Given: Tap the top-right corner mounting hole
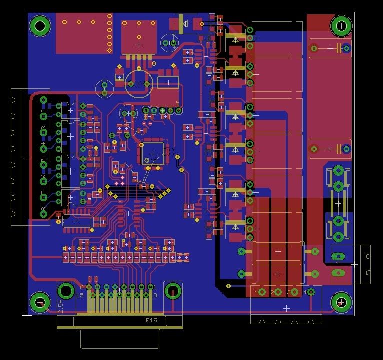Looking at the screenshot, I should (341, 25).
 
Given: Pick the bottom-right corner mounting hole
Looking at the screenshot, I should (341, 302).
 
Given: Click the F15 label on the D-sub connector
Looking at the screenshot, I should (151, 320).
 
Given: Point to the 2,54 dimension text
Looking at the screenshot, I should (61, 307).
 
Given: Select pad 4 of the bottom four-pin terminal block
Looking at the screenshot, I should (310, 292).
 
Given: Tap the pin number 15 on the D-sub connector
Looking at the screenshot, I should (79, 295).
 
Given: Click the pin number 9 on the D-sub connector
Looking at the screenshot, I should (155, 295).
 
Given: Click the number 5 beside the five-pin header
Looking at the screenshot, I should (177, 103).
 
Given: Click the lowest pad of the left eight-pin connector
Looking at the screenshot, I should (44, 214).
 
